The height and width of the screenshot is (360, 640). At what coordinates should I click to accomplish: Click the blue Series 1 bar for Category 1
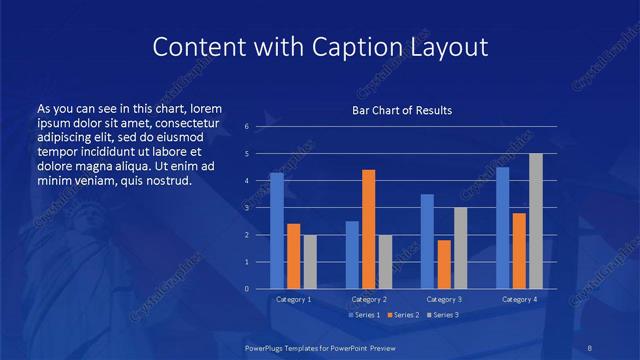pos(277,231)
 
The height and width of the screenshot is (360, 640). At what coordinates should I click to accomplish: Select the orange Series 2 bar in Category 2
pos(369,229)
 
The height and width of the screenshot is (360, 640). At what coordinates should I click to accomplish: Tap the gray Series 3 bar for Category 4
pos(536,221)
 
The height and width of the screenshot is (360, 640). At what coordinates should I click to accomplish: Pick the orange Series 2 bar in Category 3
pos(444,264)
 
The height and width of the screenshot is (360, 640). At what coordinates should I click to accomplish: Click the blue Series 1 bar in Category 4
pos(503,228)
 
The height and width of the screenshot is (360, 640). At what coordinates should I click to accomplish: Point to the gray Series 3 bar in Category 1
pos(310,261)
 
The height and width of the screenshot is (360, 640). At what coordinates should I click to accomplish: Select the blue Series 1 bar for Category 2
pos(352,255)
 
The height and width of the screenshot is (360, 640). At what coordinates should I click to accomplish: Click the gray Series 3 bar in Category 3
pos(461,248)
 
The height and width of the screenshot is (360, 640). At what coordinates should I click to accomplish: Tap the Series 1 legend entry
pos(364,316)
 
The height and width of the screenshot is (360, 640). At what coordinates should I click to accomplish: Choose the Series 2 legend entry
pos(403,316)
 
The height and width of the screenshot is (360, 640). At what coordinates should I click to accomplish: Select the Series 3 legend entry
pos(442,316)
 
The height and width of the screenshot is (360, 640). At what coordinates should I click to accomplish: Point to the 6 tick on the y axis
pos(246,127)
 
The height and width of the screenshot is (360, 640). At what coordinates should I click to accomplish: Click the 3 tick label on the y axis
pos(246,208)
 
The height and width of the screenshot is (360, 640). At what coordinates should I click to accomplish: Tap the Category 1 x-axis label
pos(294,299)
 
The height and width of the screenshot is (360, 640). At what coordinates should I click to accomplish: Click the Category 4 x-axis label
pos(519,299)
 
